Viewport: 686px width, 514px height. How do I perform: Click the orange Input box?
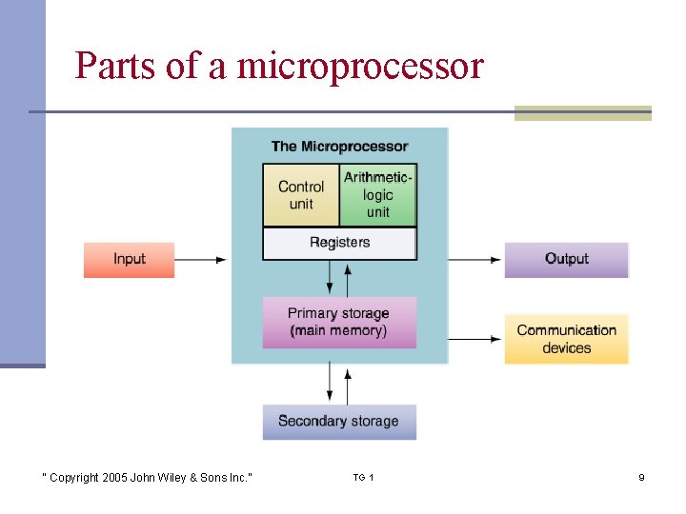(x=129, y=260)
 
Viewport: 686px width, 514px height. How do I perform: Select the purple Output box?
(x=566, y=260)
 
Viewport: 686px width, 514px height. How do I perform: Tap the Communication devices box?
(x=566, y=339)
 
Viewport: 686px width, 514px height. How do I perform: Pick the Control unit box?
(x=300, y=195)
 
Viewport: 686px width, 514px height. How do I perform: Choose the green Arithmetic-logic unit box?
(x=378, y=195)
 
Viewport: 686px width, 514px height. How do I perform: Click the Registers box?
(x=339, y=243)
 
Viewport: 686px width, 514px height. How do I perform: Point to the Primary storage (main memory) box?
(x=339, y=323)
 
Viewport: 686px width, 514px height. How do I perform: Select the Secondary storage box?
(x=339, y=422)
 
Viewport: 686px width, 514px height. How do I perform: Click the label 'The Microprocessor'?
(x=339, y=147)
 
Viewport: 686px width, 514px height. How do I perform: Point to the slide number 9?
(x=641, y=477)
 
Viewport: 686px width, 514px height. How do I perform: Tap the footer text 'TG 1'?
(x=363, y=477)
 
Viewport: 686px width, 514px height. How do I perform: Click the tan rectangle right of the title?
(x=582, y=113)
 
